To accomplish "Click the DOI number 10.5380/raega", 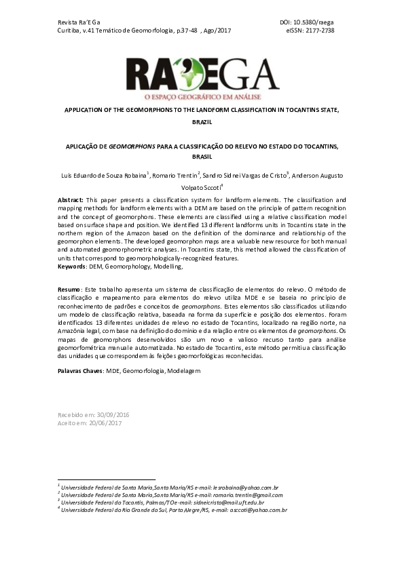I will click(x=314, y=22).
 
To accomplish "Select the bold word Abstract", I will click(x=71, y=201).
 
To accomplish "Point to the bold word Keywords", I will click(x=73, y=267).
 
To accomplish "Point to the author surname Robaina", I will click(x=133, y=176).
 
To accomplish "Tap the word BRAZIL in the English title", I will click(x=202, y=123).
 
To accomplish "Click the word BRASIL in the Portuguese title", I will click(x=202, y=156).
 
